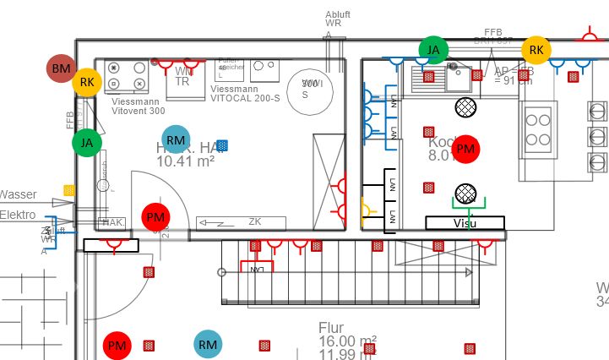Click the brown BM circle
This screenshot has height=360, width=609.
(62, 68)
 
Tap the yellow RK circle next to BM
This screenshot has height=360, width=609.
(87, 82)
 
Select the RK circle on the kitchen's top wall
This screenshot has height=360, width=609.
(536, 50)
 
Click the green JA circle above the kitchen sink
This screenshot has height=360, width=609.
(432, 50)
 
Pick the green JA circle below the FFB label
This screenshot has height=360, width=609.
(86, 143)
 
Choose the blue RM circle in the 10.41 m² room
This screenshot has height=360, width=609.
(176, 139)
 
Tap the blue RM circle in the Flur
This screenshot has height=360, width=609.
(208, 344)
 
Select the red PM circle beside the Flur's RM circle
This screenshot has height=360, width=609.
(117, 345)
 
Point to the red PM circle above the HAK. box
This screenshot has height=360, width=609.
(155, 217)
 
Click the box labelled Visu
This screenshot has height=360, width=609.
(465, 223)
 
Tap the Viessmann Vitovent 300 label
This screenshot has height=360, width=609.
(139, 106)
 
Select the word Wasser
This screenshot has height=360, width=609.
(18, 195)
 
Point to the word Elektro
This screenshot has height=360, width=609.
(18, 215)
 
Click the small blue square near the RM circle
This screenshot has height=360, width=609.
(222, 145)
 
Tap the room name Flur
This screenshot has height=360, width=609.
(331, 327)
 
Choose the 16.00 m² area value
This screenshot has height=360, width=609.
(345, 341)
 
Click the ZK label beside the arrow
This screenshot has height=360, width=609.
(255, 221)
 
